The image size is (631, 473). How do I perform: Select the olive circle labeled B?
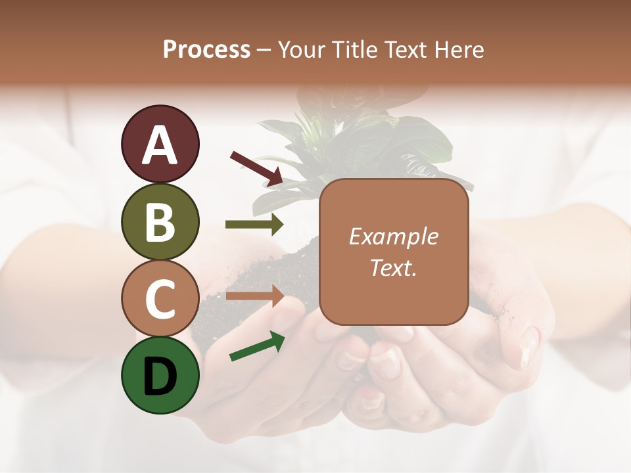pyautogui.click(x=160, y=221)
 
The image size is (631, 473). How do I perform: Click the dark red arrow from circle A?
pyautogui.click(x=256, y=168)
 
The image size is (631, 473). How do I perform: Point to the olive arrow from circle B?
pyautogui.click(x=254, y=225)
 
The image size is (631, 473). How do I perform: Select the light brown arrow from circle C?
pyautogui.click(x=254, y=297)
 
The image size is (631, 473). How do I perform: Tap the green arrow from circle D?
pyautogui.click(x=256, y=346)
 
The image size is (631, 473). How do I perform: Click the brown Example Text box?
pyautogui.click(x=393, y=252)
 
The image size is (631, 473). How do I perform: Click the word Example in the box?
pyautogui.click(x=393, y=236)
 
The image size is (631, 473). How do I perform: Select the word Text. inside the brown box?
pyautogui.click(x=393, y=267)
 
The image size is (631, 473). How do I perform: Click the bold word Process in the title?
pyautogui.click(x=206, y=49)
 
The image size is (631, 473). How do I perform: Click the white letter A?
pyautogui.click(x=160, y=145)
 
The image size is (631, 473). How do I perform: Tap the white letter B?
pyautogui.click(x=160, y=222)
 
